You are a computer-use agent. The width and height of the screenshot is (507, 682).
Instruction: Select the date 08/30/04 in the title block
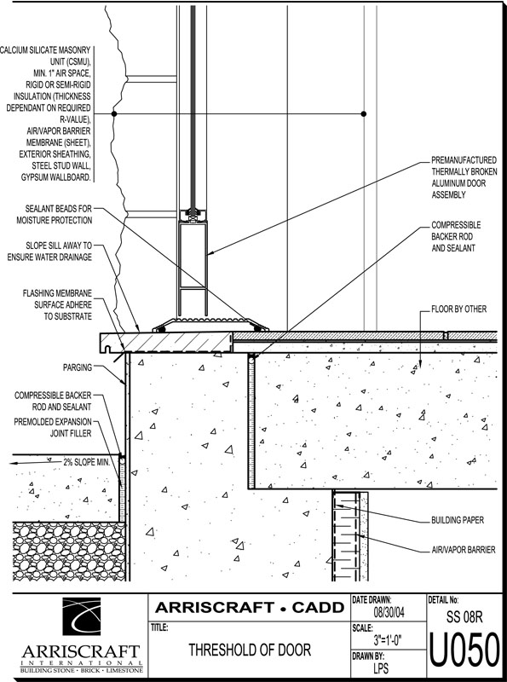coord(389,613)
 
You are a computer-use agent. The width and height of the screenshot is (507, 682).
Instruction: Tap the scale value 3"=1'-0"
coord(388,640)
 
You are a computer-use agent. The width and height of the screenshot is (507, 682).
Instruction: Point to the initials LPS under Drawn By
coord(381,668)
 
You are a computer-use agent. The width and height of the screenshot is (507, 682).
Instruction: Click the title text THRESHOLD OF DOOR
coord(250,650)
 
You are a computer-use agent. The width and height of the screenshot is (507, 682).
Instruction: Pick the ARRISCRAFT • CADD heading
coord(250,607)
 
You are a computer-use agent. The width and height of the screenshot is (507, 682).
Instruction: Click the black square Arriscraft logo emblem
coord(81,616)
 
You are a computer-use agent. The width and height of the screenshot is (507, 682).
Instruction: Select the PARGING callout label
coord(78,367)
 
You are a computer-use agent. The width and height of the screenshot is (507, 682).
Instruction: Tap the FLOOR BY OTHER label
coord(458,309)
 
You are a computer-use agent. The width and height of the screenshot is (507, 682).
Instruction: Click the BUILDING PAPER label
coord(458,520)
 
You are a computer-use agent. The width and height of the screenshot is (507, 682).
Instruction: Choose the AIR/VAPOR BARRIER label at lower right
coord(463,550)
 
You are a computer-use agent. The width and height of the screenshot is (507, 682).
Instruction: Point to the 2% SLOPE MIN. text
coord(87,462)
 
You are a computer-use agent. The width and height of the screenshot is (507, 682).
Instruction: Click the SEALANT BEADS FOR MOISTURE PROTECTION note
coord(55,215)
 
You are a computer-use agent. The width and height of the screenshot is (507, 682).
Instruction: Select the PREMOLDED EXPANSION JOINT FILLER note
coord(53,428)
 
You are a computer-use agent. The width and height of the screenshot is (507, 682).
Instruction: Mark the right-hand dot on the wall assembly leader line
coord(364,114)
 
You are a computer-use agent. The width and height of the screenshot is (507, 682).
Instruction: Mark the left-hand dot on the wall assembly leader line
coord(114,114)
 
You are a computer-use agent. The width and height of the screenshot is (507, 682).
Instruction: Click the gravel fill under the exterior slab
coord(69,552)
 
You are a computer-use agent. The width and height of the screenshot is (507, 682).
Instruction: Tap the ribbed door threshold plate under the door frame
coord(210,325)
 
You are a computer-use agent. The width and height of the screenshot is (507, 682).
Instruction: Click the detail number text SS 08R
coord(464,617)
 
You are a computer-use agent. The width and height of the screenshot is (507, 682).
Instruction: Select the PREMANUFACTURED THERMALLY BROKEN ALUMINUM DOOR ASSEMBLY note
coord(464,177)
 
